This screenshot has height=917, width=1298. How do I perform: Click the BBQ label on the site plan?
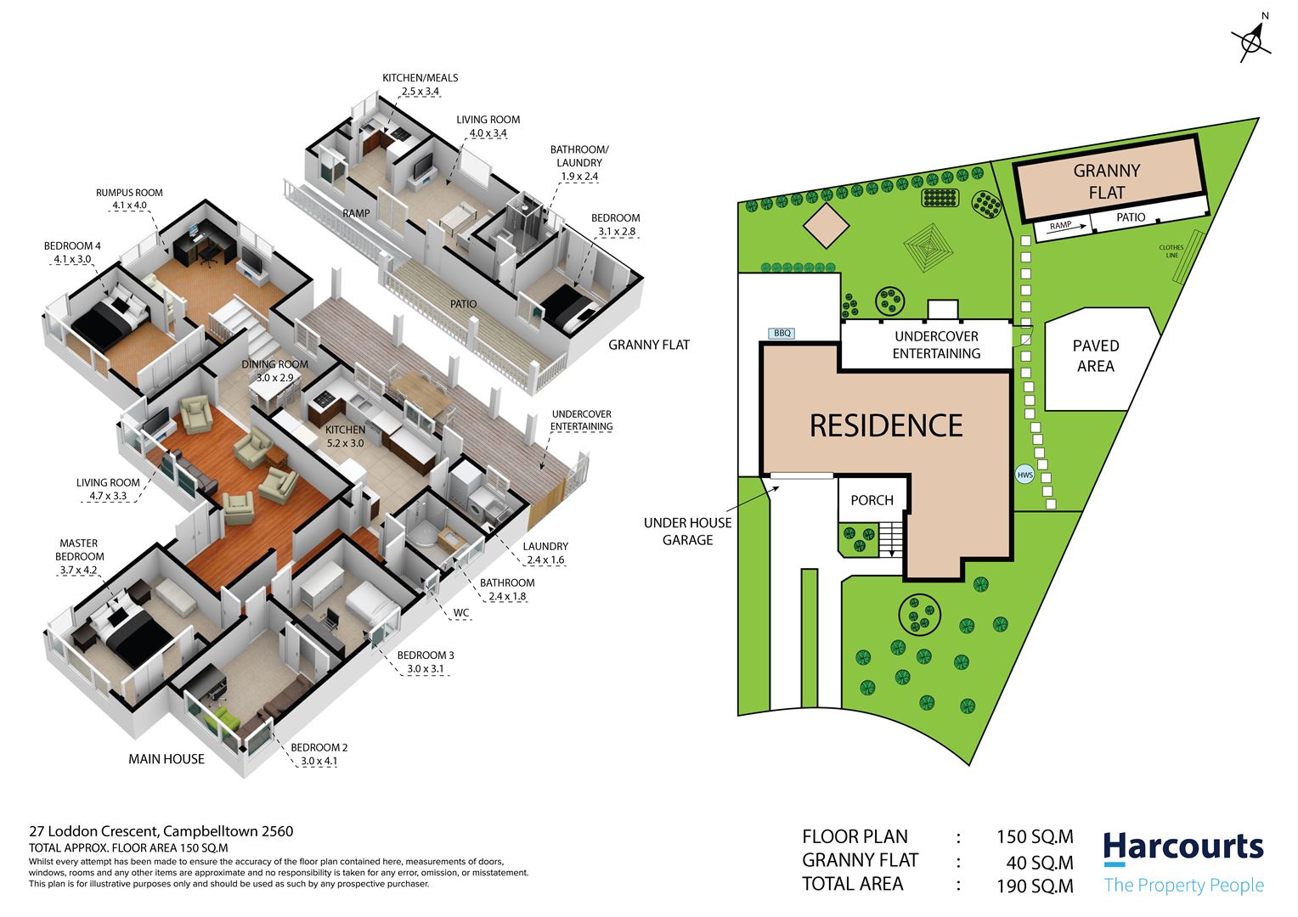[782, 333]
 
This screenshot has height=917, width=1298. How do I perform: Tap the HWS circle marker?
[1024, 475]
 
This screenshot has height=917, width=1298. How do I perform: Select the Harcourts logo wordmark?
[1182, 847]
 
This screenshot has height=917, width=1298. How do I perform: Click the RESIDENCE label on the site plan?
[886, 425]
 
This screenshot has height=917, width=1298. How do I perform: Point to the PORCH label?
[872, 500]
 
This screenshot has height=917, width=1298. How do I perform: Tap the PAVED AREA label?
[1095, 356]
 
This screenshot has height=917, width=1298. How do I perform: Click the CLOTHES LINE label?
[1171, 250]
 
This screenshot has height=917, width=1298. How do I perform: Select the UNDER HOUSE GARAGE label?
[687, 532]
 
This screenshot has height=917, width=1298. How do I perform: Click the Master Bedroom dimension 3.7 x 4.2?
[78, 570]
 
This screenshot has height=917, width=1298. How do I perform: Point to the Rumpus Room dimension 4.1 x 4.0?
[129, 205]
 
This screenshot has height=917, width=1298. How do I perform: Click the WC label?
[461, 613]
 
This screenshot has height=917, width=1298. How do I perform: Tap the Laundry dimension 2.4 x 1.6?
[545, 560]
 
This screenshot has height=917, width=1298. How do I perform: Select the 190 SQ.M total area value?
[1035, 886]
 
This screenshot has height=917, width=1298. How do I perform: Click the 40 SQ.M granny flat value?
[1040, 863]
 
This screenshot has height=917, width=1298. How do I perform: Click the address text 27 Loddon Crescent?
[93, 831]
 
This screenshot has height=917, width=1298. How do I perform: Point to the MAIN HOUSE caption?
[166, 759]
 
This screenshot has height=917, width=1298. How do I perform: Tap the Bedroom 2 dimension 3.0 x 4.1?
[319, 761]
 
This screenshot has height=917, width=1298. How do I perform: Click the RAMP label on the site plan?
[1060, 225]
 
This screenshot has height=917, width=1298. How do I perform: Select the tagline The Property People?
[1184, 885]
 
